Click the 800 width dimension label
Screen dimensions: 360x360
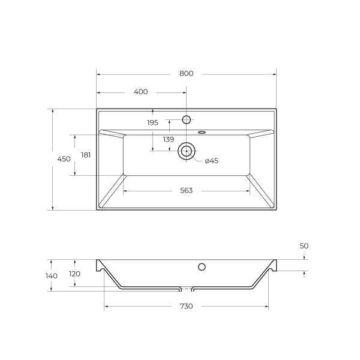tap(186, 74)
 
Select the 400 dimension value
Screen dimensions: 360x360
tap(140, 92)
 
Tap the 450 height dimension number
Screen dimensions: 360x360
tap(64, 159)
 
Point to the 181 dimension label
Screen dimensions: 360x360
tap(85, 155)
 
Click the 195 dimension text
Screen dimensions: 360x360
tap(152, 122)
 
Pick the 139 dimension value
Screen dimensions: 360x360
tap(168, 139)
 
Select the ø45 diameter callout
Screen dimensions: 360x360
tap(211, 161)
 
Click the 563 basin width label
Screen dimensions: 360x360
tap(186, 191)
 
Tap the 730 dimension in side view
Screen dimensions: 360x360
tap(186, 307)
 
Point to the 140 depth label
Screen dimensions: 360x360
tap(52, 276)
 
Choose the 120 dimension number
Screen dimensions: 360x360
tap(74, 274)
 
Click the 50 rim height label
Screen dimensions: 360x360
tap(304, 247)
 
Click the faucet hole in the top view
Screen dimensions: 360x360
tap(187, 119)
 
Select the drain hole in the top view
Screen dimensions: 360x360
tap(187, 151)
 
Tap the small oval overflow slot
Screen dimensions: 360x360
tap(202, 131)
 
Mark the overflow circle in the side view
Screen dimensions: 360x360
tap(202, 266)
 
